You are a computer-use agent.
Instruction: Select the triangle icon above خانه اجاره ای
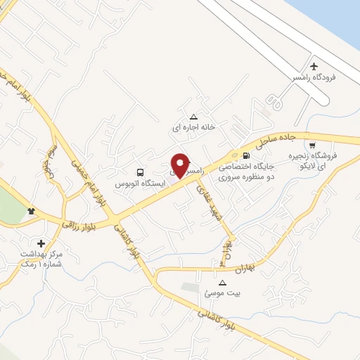point(194,117)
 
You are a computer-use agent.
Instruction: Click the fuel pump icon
point(245,155)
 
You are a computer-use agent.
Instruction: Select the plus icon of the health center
point(40,242)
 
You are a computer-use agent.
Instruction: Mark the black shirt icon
point(31,211)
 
